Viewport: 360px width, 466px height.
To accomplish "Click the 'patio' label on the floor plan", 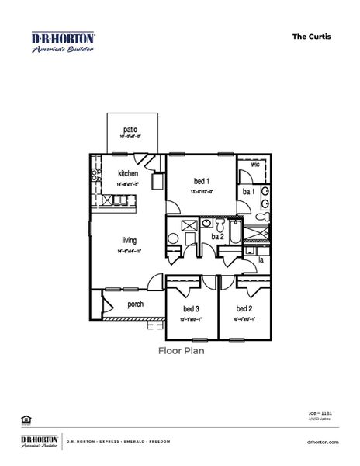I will coord(130,130).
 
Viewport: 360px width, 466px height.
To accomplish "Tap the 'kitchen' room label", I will coord(128,173).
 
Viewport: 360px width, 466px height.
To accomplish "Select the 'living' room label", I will coord(130,240).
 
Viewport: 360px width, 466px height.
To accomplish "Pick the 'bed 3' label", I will coord(192,308).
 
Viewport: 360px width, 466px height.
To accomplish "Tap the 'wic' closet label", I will coord(254,165).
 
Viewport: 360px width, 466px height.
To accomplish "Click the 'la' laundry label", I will coord(261,260).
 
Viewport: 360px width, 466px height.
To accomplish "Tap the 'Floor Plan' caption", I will coord(180,349).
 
